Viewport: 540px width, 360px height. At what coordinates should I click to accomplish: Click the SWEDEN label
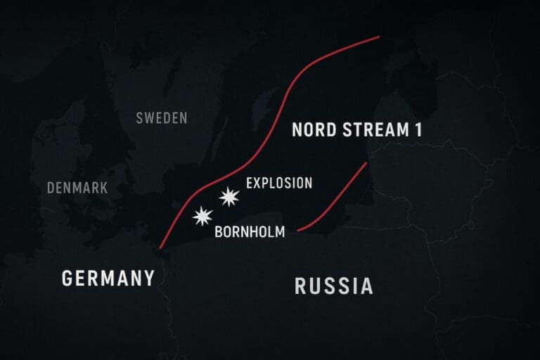[x=162, y=117]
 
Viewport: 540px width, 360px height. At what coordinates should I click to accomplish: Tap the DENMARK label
[x=77, y=188]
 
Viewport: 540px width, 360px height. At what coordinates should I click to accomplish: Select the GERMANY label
[x=108, y=278]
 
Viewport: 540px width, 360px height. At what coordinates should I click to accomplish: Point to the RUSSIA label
[x=333, y=286]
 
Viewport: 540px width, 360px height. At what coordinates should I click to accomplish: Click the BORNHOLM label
[x=250, y=231]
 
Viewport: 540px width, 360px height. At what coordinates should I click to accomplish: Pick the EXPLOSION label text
[x=279, y=183]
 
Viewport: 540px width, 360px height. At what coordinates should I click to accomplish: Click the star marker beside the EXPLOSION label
[x=229, y=197]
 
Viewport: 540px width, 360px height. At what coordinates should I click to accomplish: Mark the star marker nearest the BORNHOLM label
[x=202, y=217]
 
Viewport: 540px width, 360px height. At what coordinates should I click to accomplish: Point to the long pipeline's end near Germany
[x=161, y=248]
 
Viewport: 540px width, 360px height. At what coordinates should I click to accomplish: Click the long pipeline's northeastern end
[x=378, y=37]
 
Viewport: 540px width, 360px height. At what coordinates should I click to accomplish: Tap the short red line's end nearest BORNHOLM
[x=299, y=229]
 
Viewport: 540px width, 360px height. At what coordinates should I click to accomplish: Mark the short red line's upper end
[x=367, y=163]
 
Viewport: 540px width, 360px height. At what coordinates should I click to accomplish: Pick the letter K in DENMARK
[x=103, y=188]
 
